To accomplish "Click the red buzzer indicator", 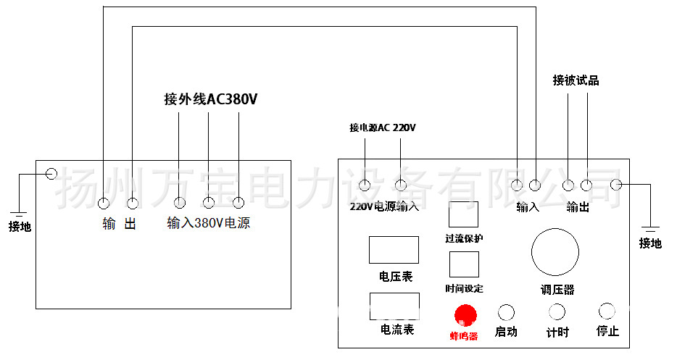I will point(465,314).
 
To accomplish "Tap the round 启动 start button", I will point(506,312).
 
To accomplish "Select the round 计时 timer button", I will point(557,312).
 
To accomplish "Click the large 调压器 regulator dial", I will point(555,252).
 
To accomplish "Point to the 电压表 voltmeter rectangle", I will point(394,250).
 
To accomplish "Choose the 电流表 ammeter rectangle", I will point(394,306).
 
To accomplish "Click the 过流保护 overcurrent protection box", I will point(464,214).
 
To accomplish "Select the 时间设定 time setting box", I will point(464,264).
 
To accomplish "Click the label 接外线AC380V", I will point(211,99).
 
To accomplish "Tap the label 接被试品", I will point(576,80).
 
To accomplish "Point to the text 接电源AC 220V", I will point(383,127).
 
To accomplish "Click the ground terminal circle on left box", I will point(51,174).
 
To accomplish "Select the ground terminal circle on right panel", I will point(617,185).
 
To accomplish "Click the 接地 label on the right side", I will point(650,243).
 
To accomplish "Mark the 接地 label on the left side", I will point(20,227).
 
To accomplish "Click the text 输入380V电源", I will point(209,223).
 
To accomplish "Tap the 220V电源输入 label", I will point(384,206).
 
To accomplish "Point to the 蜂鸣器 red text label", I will point(464,335).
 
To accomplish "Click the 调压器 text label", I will point(557,290).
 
